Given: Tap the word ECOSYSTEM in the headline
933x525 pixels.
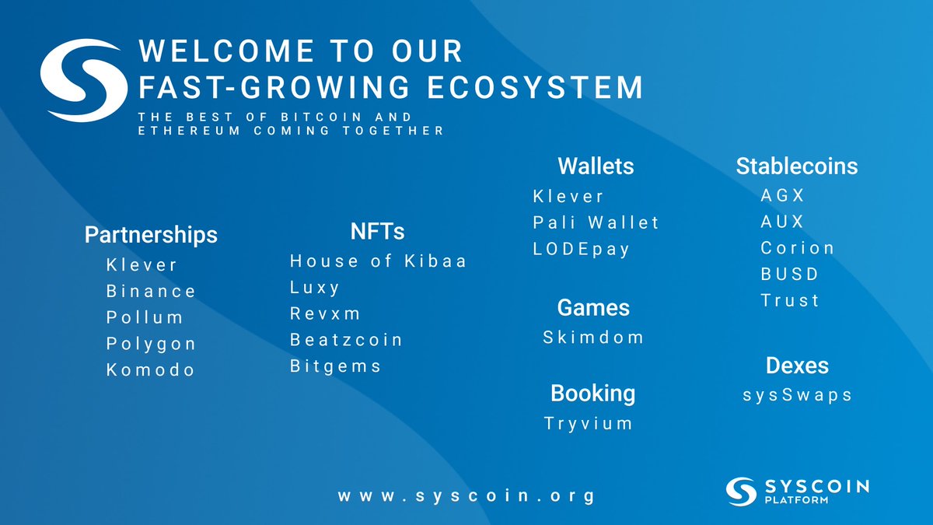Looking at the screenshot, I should (x=536, y=86).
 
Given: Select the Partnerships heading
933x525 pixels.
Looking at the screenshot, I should (x=151, y=234).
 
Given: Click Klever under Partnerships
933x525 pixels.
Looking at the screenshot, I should (x=142, y=265).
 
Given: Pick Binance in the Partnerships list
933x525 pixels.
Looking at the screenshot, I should (x=152, y=292).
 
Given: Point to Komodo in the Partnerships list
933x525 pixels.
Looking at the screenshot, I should (x=151, y=370).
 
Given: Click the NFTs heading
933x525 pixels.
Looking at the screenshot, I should (x=377, y=231).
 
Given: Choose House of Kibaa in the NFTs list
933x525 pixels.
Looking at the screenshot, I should (x=379, y=261).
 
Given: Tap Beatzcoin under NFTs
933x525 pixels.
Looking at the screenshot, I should (x=347, y=340).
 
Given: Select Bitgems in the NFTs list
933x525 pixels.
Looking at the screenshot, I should (x=336, y=366).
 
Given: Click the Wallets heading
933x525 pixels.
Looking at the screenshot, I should (x=596, y=166).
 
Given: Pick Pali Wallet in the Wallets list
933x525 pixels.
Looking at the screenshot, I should (x=596, y=223).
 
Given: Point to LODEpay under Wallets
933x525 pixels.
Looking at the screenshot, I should (x=582, y=250).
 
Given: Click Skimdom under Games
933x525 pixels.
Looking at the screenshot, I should (x=593, y=338).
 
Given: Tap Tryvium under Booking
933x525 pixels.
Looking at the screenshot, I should (x=589, y=424).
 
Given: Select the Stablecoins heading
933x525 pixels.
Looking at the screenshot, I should (x=797, y=166).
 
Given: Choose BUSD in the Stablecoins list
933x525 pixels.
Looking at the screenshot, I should (x=790, y=275).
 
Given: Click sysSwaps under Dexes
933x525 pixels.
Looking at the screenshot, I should (x=798, y=395).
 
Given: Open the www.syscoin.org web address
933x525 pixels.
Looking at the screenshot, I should (x=466, y=495).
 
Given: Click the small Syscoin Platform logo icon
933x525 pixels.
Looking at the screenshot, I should (x=741, y=491).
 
